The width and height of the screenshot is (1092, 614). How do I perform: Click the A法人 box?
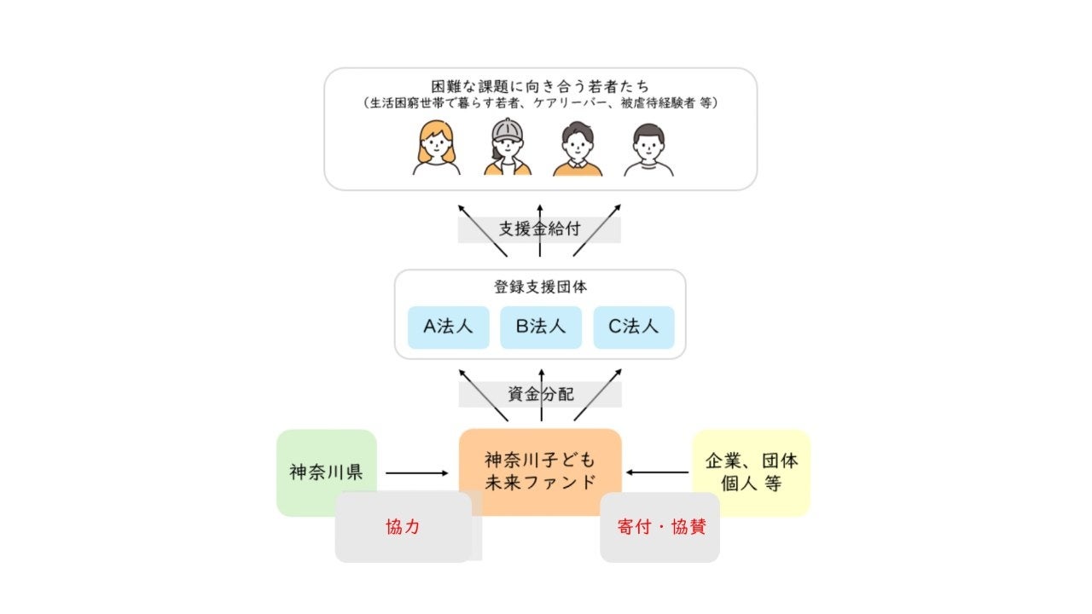click(448, 327)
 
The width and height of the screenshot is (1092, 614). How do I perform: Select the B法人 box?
click(541, 327)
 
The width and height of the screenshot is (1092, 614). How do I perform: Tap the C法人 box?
click(634, 327)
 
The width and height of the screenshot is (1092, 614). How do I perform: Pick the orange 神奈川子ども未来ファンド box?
click(540, 472)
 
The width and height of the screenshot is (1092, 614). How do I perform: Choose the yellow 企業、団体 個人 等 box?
click(752, 472)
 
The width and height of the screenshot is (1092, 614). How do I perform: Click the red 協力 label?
click(403, 527)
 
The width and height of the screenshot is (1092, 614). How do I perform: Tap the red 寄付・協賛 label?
click(660, 527)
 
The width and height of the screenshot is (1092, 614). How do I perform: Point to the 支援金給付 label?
click(539, 230)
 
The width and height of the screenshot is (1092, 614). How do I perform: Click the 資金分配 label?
click(540, 394)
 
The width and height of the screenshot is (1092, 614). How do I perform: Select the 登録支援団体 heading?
click(540, 287)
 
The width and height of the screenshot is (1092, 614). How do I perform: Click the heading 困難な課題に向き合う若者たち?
click(540, 87)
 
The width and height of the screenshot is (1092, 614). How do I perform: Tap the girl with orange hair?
click(436, 148)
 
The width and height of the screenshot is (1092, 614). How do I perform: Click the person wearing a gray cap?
click(508, 148)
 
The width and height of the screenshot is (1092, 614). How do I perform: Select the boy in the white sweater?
click(648, 150)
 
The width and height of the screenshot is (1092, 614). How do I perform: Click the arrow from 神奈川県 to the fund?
click(416, 472)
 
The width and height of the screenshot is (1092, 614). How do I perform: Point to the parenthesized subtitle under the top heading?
click(540, 104)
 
